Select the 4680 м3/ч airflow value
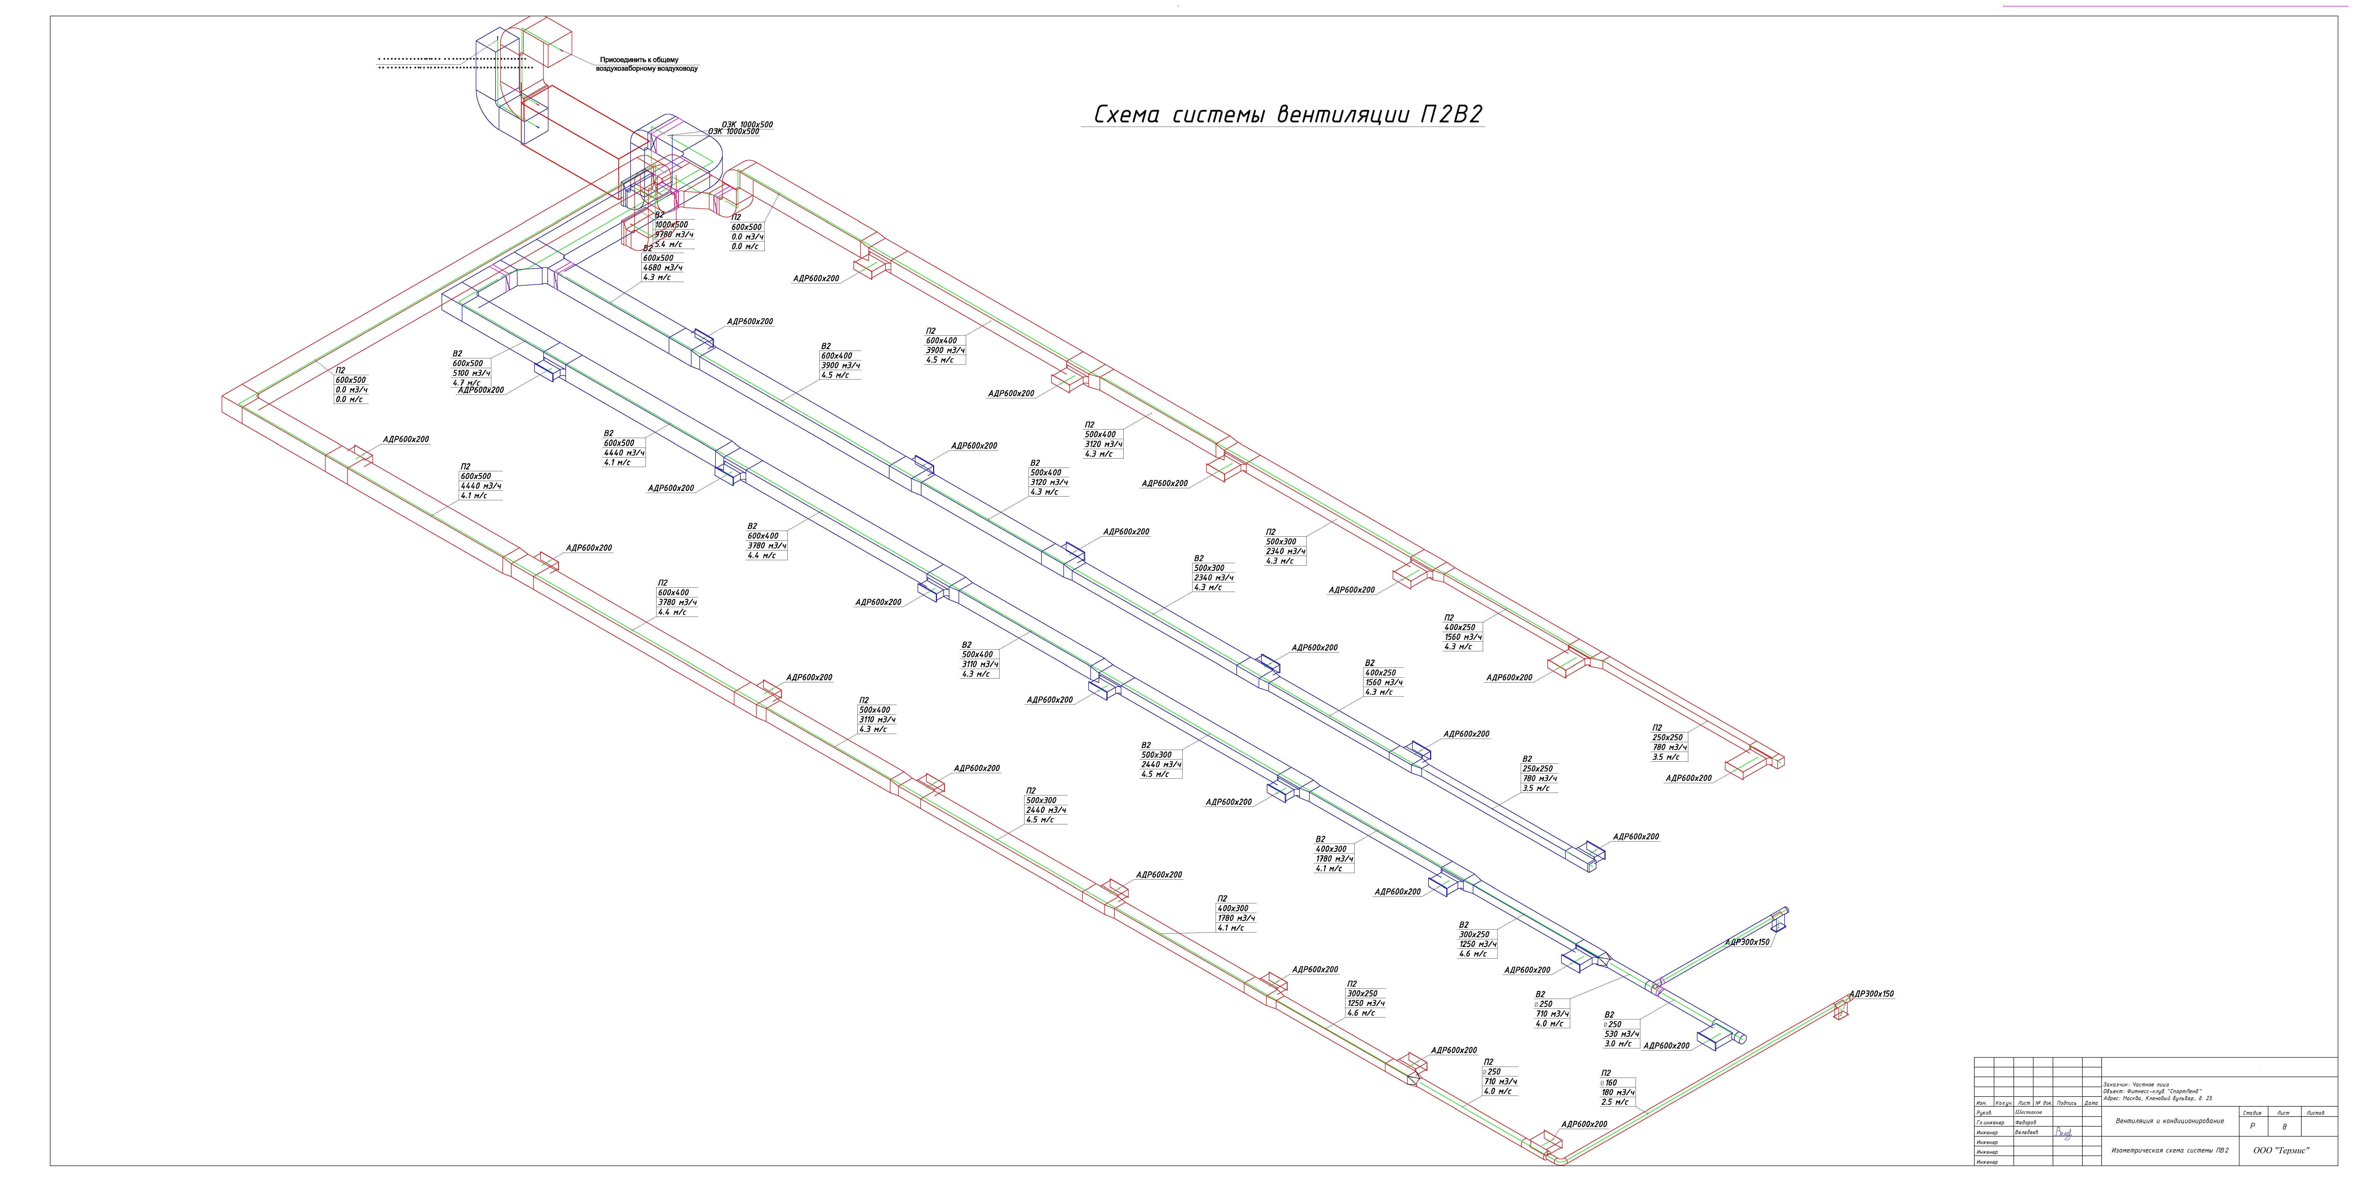(662, 267)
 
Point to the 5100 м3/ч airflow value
(472, 373)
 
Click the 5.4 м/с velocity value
(669, 244)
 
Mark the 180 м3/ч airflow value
(1618, 1092)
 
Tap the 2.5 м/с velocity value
(1615, 1102)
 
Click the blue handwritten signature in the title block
(2062, 1133)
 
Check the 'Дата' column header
(2091, 1103)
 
